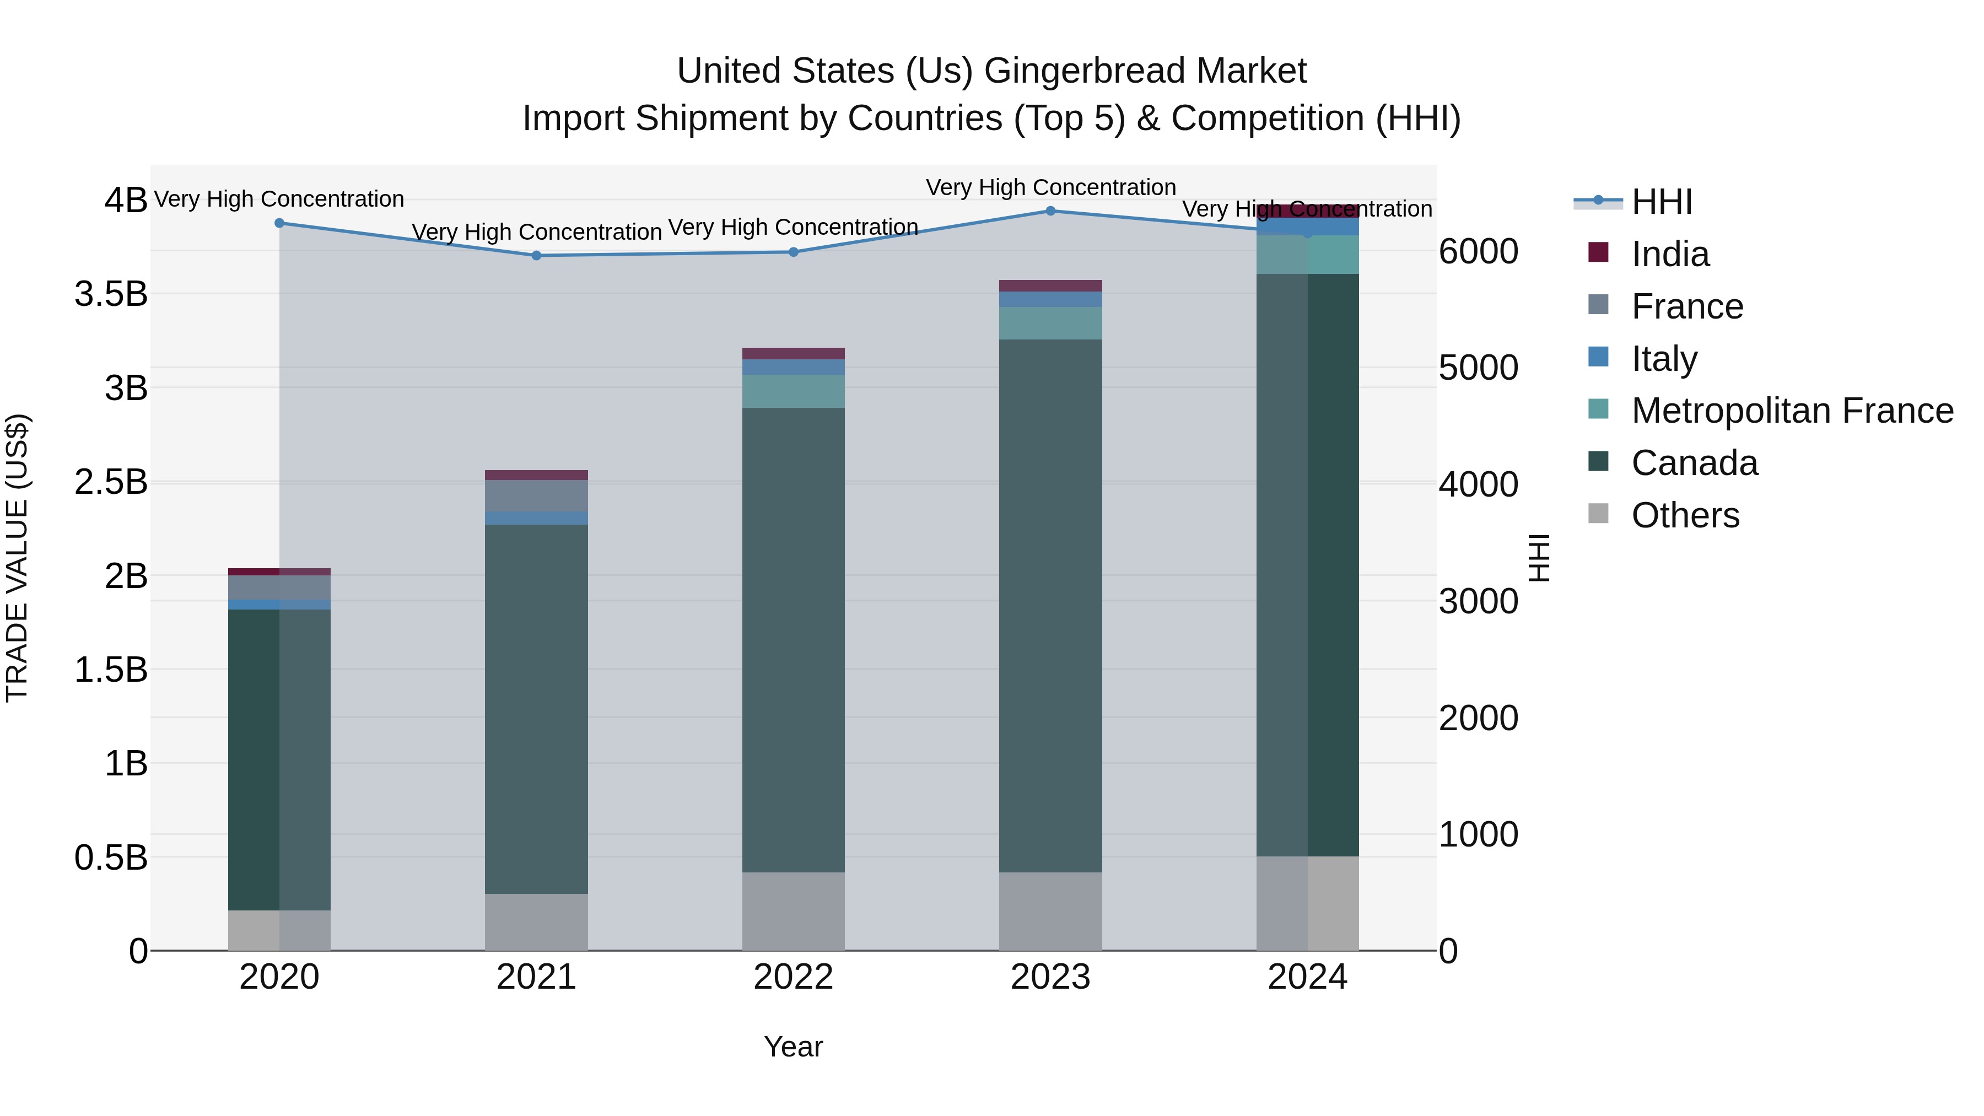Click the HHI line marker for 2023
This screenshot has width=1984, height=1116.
pos(1050,211)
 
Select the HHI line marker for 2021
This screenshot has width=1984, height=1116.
pos(537,256)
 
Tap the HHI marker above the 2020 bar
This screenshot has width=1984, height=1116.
pos(279,223)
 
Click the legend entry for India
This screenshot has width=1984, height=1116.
pos(1670,254)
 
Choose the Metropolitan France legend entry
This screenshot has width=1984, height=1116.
pos(1792,411)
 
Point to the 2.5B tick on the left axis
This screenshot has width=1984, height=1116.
pos(111,482)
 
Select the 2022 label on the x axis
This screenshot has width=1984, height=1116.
pos(793,977)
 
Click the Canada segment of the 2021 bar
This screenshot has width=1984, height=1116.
pos(537,709)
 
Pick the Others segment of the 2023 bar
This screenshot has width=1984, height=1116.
pos(1050,911)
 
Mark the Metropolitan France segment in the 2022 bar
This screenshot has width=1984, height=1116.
pos(793,391)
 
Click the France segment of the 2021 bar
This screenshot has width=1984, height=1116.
pos(537,495)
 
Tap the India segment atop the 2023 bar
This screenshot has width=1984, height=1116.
pos(1050,285)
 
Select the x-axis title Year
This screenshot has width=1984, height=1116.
pos(793,1047)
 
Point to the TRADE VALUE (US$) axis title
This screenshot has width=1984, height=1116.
pos(17,558)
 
